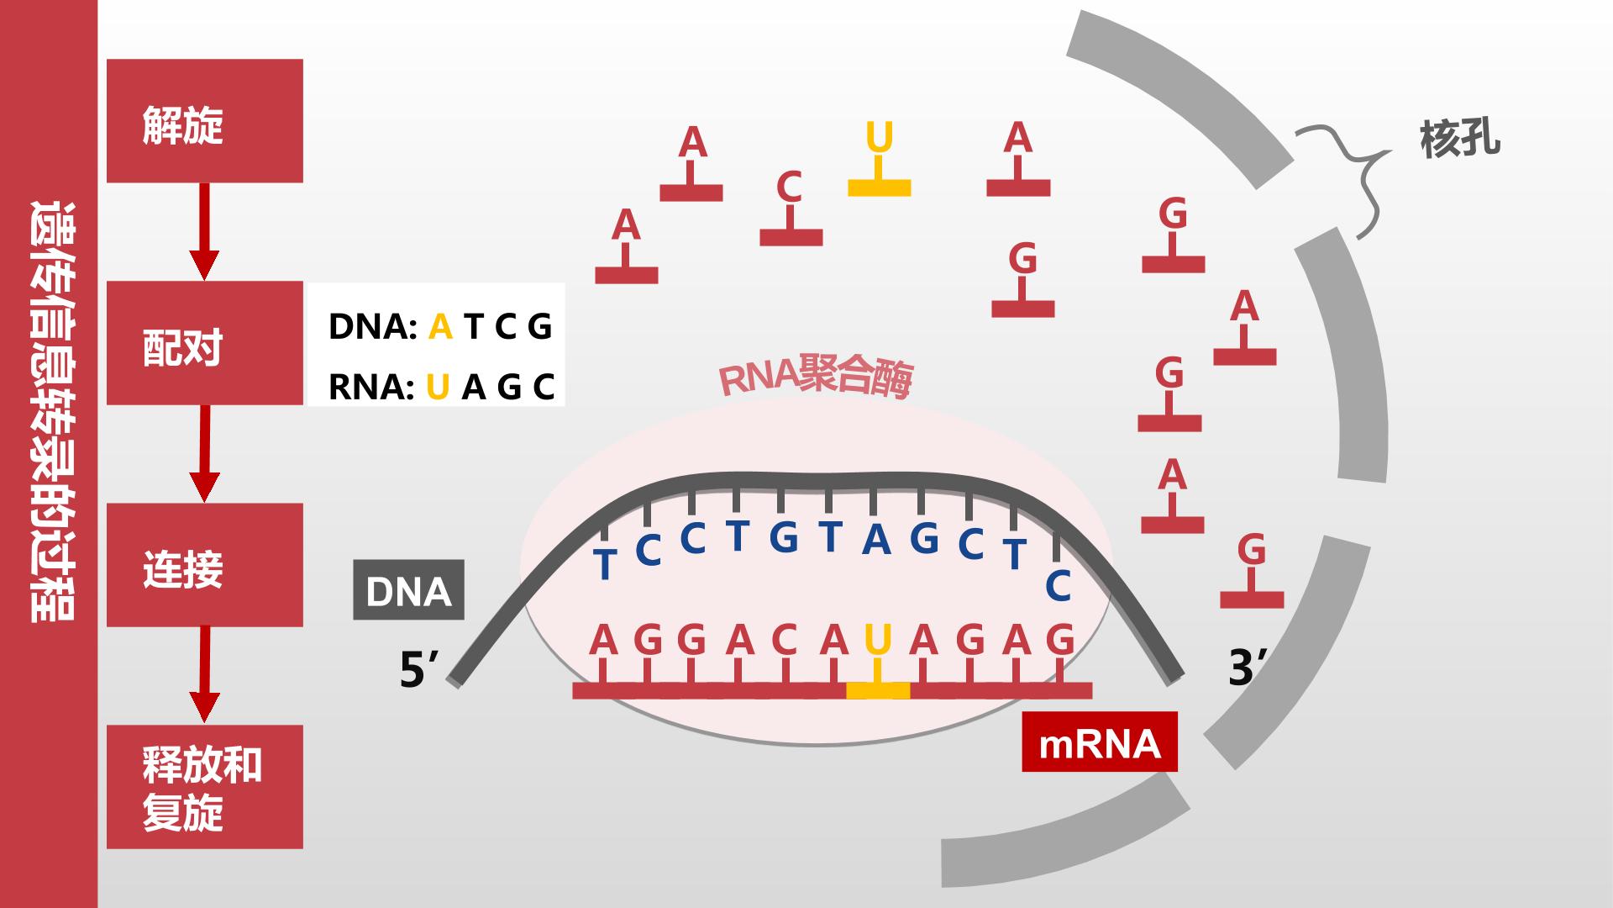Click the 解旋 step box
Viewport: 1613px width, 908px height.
coord(204,120)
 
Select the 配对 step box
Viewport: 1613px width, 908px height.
coord(204,343)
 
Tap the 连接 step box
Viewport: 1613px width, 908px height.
coord(204,565)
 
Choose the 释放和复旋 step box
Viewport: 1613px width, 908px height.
coord(204,787)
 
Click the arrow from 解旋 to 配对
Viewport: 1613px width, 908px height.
coord(204,231)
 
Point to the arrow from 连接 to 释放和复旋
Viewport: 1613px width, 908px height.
coord(204,674)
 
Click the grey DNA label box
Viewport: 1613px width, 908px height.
coord(408,590)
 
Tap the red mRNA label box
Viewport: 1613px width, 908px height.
coord(1100,742)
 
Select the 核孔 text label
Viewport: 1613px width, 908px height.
coord(1460,140)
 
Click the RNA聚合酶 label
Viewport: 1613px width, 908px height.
coord(816,377)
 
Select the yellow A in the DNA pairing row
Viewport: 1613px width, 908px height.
coord(440,326)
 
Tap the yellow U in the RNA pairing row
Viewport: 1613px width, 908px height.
coord(438,388)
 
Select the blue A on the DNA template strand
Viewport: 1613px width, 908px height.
coord(876,539)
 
